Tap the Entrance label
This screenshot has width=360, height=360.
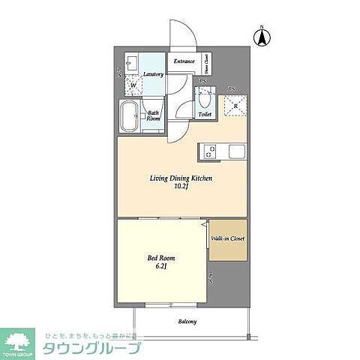tap(184, 61)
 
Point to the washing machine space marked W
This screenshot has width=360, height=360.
tap(133, 85)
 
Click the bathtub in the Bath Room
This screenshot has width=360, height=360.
tap(128, 117)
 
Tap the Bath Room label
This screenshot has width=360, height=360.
tap(152, 115)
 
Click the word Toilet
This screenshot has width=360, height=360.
tap(204, 115)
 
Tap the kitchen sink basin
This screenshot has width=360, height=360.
tap(236, 151)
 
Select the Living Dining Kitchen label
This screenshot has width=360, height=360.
tap(182, 178)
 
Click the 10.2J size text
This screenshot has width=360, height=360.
tap(182, 188)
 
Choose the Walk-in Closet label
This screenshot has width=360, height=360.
tap(226, 239)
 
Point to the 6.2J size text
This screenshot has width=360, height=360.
tap(160, 266)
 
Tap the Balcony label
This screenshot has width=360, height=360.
tap(187, 322)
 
